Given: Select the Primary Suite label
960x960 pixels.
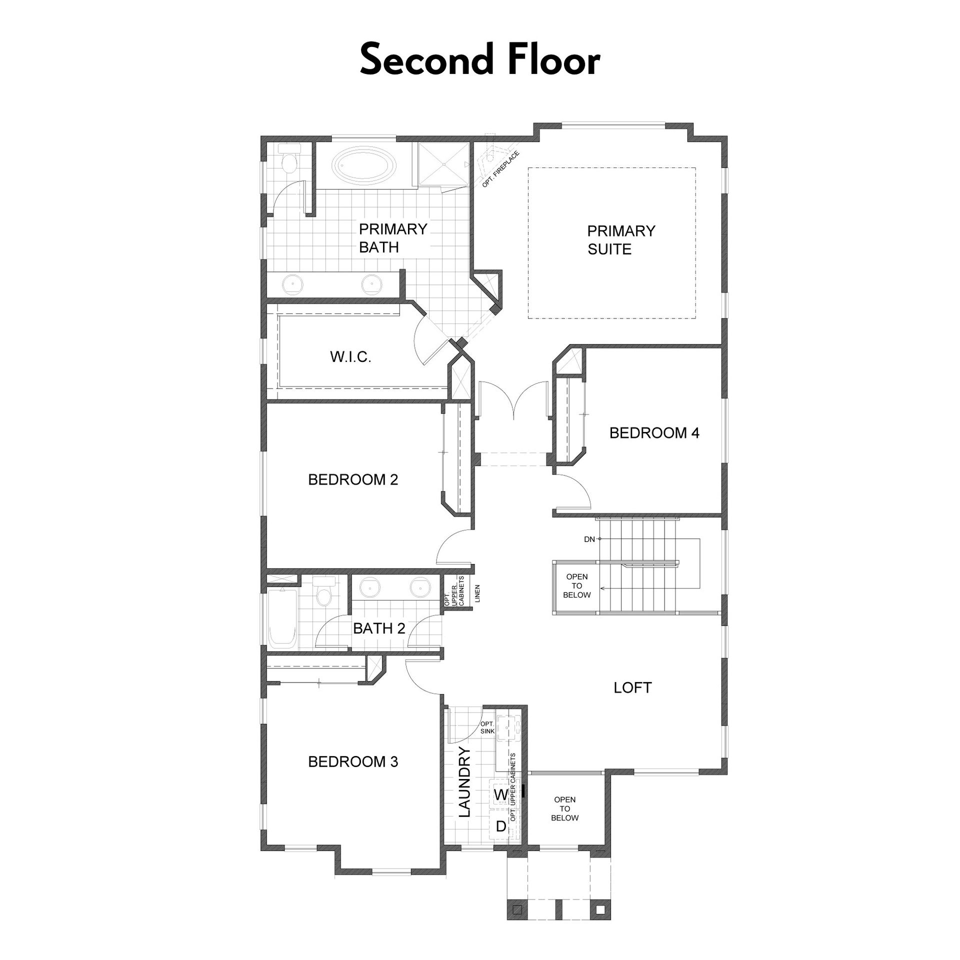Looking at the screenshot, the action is point(621,240).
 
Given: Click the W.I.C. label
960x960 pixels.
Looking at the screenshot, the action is point(350,357).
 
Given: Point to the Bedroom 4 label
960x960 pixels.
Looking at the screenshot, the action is point(654,433).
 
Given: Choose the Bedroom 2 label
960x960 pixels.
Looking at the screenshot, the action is point(353,480).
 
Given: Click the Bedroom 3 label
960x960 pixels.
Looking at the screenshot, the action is point(353,762).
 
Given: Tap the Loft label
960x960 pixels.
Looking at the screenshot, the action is point(632,688).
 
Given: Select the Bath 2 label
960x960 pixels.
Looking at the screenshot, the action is point(379,628).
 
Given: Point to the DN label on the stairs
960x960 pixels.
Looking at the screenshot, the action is point(589,539).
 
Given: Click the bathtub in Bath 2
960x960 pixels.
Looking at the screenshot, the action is point(283,619).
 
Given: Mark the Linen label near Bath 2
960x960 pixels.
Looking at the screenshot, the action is point(477,593).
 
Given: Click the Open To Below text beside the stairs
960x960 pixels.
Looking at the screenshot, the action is point(576,586).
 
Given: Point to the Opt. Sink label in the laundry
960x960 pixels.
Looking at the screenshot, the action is point(487,727).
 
